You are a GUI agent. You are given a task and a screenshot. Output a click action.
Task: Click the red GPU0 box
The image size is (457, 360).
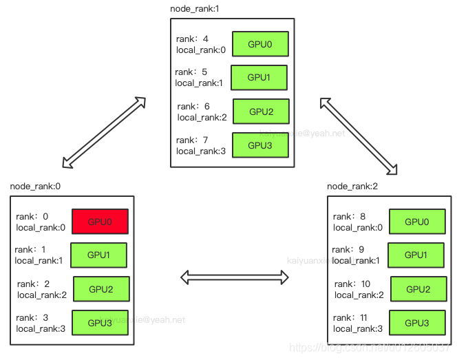click(100, 222)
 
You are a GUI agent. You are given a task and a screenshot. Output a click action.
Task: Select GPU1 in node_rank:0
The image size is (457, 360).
click(98, 255)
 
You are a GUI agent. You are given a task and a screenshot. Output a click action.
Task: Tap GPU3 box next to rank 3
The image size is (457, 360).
click(100, 322)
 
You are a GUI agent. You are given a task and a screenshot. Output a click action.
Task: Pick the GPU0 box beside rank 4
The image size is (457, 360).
click(259, 44)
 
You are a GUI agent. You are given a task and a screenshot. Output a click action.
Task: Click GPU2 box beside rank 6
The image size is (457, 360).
click(261, 112)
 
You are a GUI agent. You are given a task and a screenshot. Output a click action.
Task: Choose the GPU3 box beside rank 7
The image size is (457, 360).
click(260, 145)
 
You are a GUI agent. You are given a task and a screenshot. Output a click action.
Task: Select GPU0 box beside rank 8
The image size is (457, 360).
click(417, 222)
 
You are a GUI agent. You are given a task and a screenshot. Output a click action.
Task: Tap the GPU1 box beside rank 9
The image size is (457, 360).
click(416, 255)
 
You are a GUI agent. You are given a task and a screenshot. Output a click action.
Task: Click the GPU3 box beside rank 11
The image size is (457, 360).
click(417, 322)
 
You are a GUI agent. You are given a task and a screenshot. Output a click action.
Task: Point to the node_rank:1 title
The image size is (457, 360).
click(199, 8)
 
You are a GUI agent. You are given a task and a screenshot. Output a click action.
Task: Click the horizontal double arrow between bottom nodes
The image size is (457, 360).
click(234, 277)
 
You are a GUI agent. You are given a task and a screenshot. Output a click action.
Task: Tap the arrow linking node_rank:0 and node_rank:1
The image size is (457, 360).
click(104, 132)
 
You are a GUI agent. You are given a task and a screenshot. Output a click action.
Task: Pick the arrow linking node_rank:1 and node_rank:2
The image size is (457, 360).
click(359, 135)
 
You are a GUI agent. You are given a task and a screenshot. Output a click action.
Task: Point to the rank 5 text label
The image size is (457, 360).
click(191, 72)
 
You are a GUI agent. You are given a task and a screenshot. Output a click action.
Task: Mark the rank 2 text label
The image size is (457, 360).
click(33, 284)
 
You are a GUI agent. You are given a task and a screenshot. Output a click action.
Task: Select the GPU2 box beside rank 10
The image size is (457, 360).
click(418, 289)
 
